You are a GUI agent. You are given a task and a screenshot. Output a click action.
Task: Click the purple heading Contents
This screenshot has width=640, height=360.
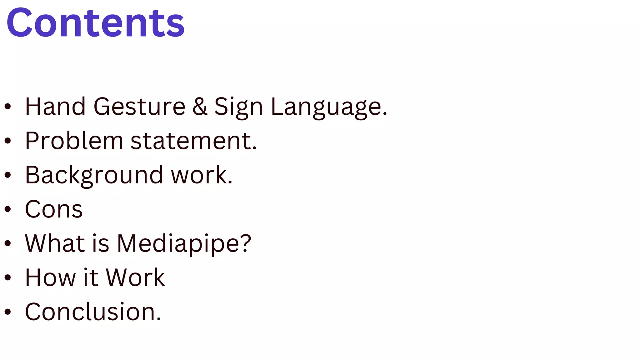[95, 23]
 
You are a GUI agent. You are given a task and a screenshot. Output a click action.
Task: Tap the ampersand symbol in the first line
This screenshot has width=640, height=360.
[200, 107]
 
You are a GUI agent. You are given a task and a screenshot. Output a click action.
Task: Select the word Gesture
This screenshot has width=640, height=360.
[139, 107]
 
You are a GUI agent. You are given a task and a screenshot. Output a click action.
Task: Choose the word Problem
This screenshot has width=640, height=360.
[74, 141]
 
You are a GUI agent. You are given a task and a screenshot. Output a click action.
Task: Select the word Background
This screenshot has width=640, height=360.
[94, 175]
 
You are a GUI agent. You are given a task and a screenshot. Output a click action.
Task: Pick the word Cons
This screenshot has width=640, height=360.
[54, 209]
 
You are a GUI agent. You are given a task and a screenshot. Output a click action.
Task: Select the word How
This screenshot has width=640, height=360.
[50, 277]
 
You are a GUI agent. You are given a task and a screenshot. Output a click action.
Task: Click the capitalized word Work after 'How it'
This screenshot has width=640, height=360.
[135, 277]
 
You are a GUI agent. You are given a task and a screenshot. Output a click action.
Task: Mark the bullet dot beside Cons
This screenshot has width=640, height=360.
[8, 209]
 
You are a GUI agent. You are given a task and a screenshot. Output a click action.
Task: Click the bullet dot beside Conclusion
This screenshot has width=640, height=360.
[8, 312]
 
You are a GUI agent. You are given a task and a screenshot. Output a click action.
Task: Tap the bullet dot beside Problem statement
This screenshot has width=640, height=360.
[8, 141]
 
